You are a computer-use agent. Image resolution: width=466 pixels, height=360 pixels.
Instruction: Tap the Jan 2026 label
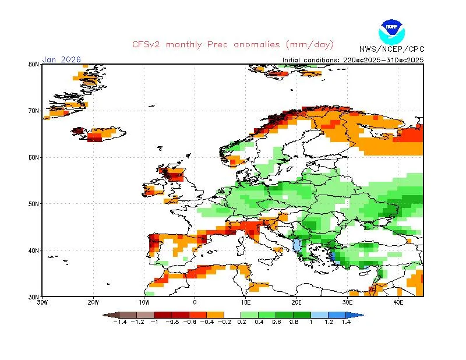[62, 59]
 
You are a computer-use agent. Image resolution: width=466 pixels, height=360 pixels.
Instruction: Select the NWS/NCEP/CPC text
[391, 50]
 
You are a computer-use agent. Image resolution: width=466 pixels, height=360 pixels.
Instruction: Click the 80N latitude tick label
[33, 64]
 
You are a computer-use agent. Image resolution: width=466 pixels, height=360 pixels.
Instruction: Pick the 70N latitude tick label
[33, 111]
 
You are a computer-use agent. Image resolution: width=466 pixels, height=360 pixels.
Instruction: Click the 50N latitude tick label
[33, 204]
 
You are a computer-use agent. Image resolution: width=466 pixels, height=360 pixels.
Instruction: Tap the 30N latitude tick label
[33, 297]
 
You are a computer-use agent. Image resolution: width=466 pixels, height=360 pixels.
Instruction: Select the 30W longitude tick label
[43, 303]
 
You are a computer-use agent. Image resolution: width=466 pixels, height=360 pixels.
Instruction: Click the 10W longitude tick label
[144, 303]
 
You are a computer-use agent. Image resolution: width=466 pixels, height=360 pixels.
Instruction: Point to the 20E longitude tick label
[296, 303]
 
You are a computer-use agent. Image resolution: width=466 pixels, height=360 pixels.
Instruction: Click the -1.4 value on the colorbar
[120, 322]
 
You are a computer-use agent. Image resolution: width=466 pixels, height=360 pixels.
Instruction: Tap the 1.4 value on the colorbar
[346, 322]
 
